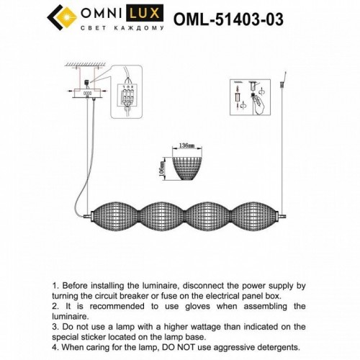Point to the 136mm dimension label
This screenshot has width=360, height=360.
click(188, 145)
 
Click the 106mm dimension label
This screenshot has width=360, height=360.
click(163, 167)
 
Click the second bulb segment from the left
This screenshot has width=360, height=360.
click(159, 215)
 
